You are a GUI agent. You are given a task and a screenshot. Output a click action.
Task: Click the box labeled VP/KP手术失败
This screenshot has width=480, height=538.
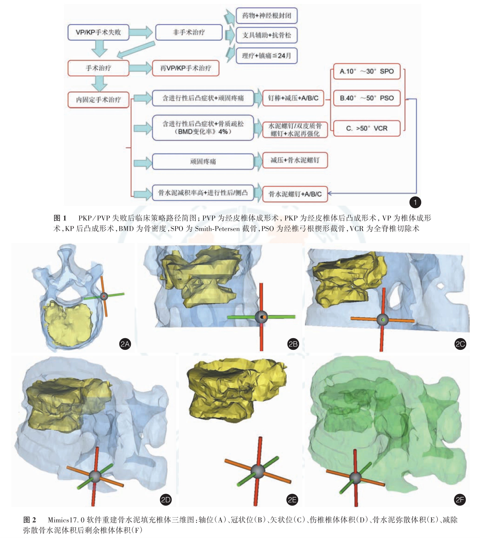[98, 32]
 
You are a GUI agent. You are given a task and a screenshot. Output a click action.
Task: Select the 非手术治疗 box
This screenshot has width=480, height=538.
[189, 32]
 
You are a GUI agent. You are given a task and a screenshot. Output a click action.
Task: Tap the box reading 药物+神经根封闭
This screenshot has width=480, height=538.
[266, 16]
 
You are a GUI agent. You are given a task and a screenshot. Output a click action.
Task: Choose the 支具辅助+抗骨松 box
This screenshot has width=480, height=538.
[266, 35]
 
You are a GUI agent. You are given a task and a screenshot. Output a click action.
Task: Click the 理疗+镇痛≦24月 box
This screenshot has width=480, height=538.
[266, 56]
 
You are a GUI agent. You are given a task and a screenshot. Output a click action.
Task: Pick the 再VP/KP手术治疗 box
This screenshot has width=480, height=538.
[185, 68]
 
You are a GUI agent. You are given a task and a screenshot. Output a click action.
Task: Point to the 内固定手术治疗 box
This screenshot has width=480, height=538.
[98, 100]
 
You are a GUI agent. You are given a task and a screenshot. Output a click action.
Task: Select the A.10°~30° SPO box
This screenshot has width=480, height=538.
[367, 71]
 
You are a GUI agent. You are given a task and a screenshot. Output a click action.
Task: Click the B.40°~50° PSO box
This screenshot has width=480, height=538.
[367, 98]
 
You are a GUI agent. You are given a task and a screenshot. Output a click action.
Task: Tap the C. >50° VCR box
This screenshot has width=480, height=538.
[367, 128]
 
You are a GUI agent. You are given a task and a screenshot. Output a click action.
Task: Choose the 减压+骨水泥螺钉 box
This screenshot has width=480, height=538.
[295, 160]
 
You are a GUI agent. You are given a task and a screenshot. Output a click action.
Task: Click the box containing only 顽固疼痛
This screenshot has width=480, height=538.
[203, 161]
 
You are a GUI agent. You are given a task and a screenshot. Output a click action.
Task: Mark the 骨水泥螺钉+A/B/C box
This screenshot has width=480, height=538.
[295, 194]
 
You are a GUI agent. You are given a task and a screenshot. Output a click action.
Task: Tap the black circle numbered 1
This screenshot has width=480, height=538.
[415, 203]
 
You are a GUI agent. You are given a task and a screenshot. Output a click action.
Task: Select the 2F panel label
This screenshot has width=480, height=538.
[460, 500]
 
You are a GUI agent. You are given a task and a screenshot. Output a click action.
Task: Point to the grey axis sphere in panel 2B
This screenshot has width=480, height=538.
[261, 317]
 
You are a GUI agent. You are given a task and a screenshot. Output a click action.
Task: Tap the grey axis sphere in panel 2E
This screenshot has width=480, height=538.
[258, 470]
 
